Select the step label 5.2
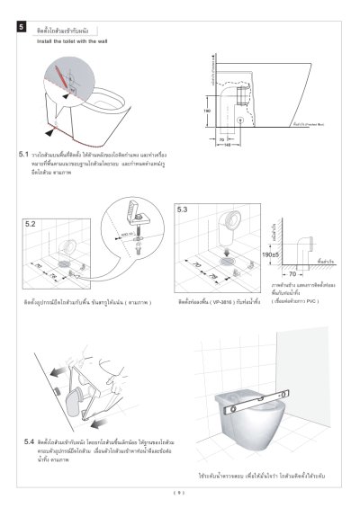click(31, 221)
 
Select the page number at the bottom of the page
click(179, 491)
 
